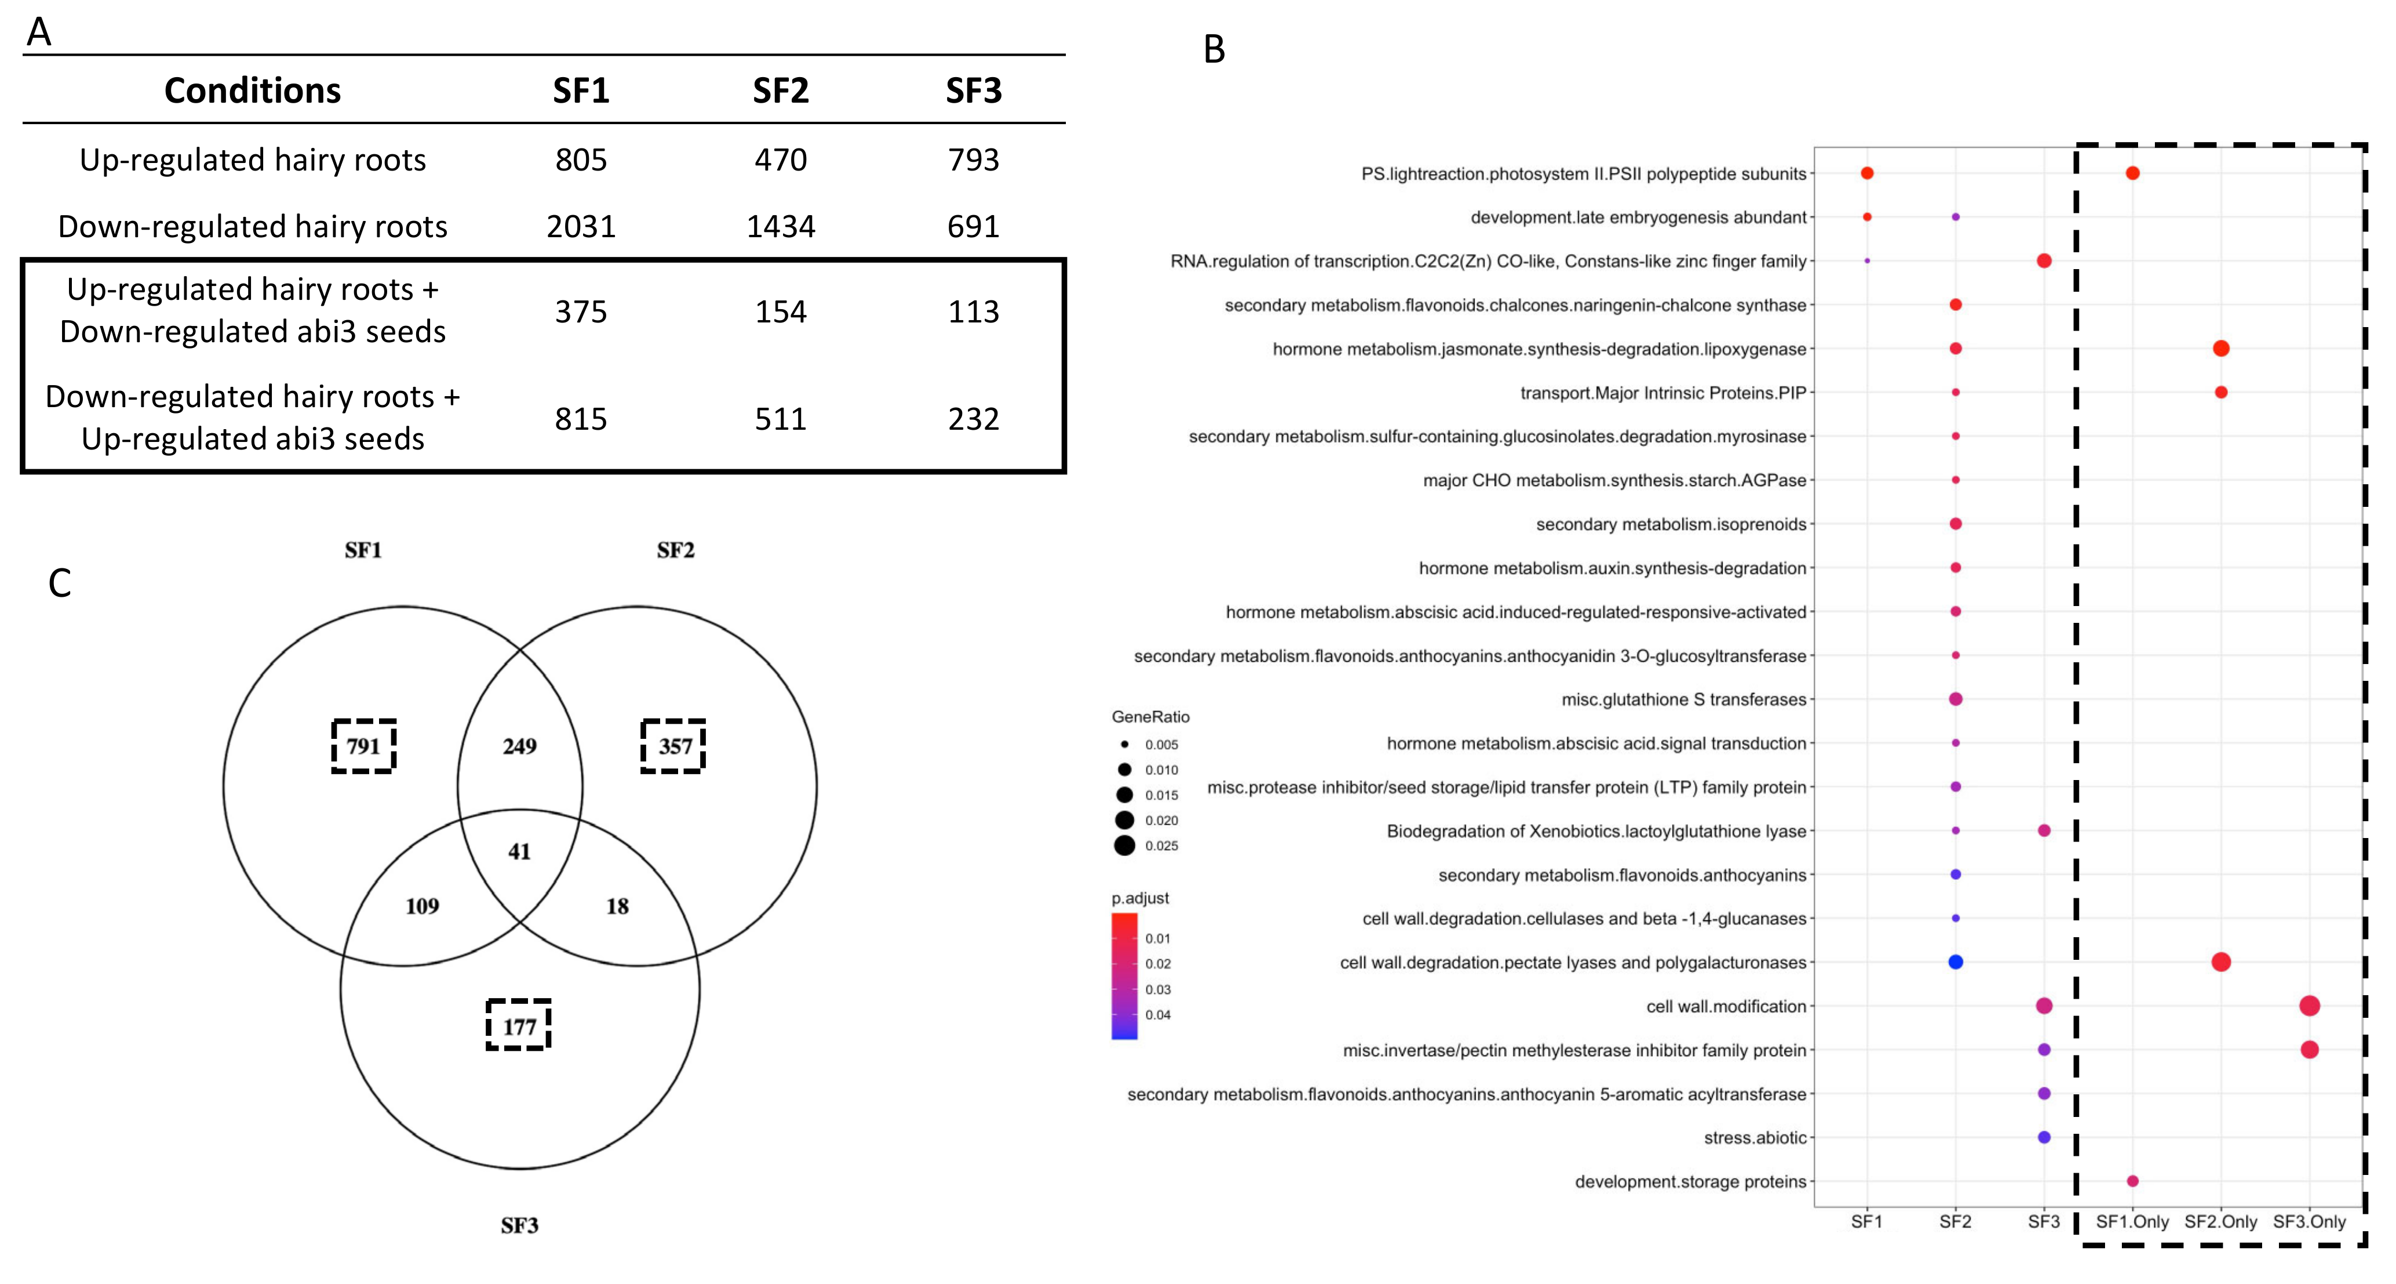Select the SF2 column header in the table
pyautogui.click(x=780, y=90)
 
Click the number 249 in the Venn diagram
pyautogui.click(x=519, y=746)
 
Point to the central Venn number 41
pyautogui.click(x=519, y=851)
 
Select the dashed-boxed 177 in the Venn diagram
pyautogui.click(x=519, y=1027)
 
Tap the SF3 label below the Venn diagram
pyautogui.click(x=519, y=1225)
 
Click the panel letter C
pyautogui.click(x=60, y=583)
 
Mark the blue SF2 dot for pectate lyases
pyautogui.click(x=1955, y=962)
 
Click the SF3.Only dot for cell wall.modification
pyautogui.click(x=2308, y=1006)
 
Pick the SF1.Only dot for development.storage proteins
pyautogui.click(x=2132, y=1181)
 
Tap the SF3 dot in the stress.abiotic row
pyautogui.click(x=2044, y=1137)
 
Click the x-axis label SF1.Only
pyautogui.click(x=2132, y=1222)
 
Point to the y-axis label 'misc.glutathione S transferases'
pyautogui.click(x=1684, y=699)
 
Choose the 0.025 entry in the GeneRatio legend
pyautogui.click(x=1161, y=846)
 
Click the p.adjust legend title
pyautogui.click(x=1141, y=898)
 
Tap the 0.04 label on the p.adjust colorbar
pyautogui.click(x=1158, y=1015)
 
